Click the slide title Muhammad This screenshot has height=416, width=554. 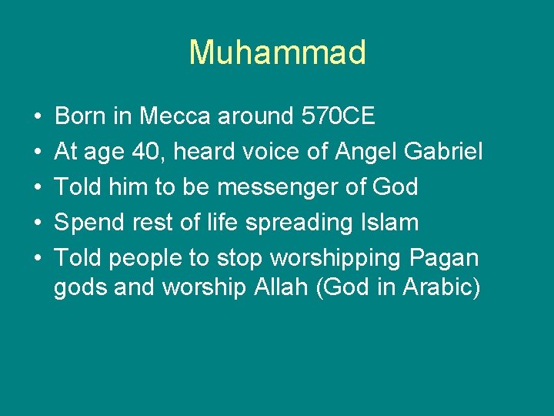point(277,52)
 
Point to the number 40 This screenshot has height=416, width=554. point(147,152)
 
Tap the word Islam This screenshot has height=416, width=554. point(389,223)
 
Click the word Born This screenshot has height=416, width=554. point(82,116)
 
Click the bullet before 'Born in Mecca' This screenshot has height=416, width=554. point(38,117)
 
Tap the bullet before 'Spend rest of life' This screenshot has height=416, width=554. point(38,223)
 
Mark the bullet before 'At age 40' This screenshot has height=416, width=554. point(38,153)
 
